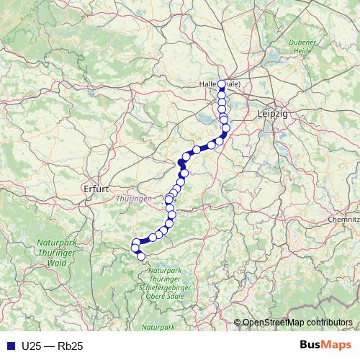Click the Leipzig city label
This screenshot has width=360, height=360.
(x=272, y=114)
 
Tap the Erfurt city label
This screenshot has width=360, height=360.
(x=96, y=189)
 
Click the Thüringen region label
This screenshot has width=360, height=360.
(x=132, y=198)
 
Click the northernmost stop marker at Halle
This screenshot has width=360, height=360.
(x=222, y=84)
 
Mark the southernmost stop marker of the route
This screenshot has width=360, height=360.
(x=141, y=256)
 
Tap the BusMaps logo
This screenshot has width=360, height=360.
(x=325, y=346)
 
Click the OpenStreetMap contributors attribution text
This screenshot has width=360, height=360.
(x=297, y=323)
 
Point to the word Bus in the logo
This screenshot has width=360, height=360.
(x=312, y=346)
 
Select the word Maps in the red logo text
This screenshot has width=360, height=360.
(x=336, y=346)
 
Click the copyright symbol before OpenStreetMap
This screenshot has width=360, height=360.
(x=237, y=323)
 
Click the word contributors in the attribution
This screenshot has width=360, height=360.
(x=330, y=323)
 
